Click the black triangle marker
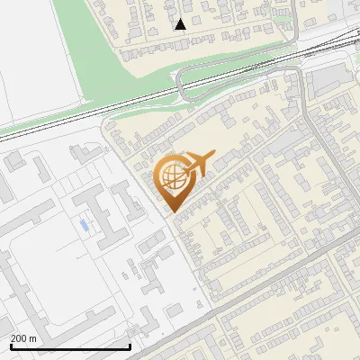180,24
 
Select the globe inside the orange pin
172,177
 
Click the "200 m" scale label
24,338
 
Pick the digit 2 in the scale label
13,338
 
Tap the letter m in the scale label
33,338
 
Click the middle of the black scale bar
70,346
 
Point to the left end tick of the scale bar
10,346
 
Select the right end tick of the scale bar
130,346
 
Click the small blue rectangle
84,223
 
